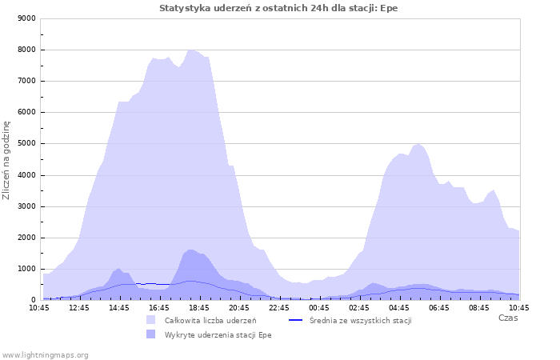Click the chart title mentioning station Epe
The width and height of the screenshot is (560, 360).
click(x=278, y=8)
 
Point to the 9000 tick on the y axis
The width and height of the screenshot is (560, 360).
click(x=26, y=18)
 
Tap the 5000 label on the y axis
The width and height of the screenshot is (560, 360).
click(x=26, y=143)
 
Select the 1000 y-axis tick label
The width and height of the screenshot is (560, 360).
click(x=26, y=269)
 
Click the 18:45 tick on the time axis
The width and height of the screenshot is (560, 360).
click(x=199, y=308)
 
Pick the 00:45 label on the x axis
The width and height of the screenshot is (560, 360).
click(x=319, y=308)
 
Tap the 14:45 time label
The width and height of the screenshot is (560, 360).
click(x=119, y=308)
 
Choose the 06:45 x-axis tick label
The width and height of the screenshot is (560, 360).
click(x=439, y=308)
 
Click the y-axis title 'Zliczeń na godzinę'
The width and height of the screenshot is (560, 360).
click(x=6, y=160)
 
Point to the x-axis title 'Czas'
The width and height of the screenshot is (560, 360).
click(x=508, y=318)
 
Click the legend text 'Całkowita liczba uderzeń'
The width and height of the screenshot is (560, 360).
click(x=210, y=320)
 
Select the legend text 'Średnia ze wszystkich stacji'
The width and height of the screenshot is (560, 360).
click(x=360, y=320)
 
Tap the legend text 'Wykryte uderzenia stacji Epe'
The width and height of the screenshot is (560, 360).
click(x=218, y=335)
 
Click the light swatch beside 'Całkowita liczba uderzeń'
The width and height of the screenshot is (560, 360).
click(x=150, y=320)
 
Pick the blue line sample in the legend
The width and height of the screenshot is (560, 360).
click(x=295, y=320)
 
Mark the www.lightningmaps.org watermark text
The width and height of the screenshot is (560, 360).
click(x=45, y=355)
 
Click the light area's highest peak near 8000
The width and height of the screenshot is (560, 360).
click(x=191, y=50)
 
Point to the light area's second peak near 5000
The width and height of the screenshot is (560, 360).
click(x=418, y=144)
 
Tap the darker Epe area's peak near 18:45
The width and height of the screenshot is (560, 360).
click(x=190, y=250)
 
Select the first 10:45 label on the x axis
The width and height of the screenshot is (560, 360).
click(x=39, y=308)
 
